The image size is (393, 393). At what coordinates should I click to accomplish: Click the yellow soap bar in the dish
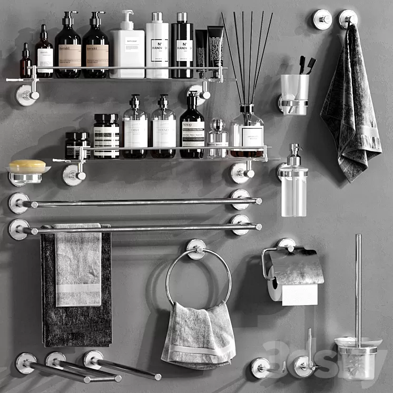point(27,166)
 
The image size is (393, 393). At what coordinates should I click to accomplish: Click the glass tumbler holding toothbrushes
point(294,93)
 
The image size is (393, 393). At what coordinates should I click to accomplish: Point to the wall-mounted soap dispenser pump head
point(294,154)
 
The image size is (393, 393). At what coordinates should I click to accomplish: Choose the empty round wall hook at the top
point(322,19)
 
